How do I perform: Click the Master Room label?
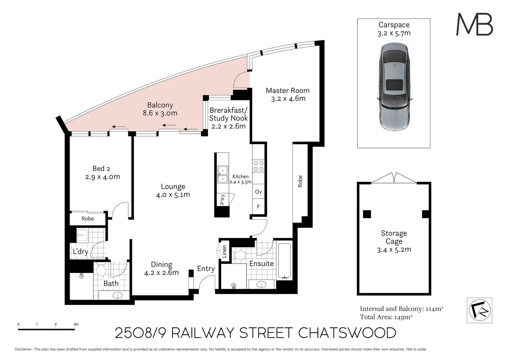(x=287, y=91)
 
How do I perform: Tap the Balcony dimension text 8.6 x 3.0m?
(x=160, y=113)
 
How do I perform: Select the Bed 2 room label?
(x=101, y=169)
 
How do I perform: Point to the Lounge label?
(x=173, y=187)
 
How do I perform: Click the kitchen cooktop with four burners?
(x=258, y=166)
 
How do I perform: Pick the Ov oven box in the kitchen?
(x=258, y=192)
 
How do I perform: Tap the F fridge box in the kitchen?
(x=258, y=207)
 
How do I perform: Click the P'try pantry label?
(x=223, y=199)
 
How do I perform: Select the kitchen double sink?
(x=223, y=175)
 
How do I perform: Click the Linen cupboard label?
(x=224, y=251)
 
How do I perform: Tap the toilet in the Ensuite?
(x=239, y=255)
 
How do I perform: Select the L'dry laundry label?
(x=81, y=251)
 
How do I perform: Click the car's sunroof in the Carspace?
(x=394, y=85)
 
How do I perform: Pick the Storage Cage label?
(x=394, y=237)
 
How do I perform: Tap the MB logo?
(x=474, y=24)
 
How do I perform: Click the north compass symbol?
(x=479, y=310)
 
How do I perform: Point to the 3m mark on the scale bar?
(x=76, y=324)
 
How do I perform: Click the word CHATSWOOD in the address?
(x=347, y=333)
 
